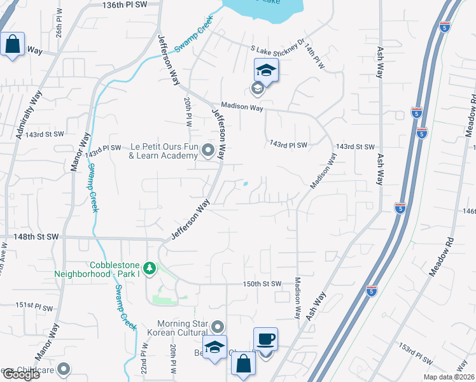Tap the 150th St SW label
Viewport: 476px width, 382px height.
(262, 283)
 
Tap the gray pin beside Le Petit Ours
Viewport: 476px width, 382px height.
(208, 151)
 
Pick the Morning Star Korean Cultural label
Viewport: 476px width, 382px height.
(173, 329)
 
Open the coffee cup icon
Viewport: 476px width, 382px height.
(265, 338)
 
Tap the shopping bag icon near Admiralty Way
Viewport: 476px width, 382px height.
(12, 44)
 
